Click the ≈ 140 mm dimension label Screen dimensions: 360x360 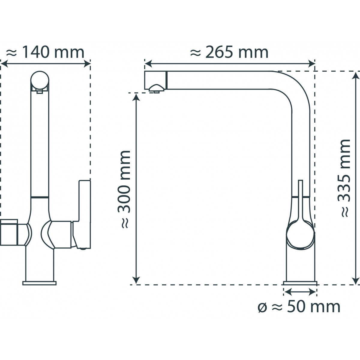click(x=45, y=52)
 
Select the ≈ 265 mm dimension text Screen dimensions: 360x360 click(x=229, y=52)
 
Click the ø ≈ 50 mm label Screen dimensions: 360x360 click(x=299, y=307)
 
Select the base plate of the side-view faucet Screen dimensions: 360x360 click(x=300, y=283)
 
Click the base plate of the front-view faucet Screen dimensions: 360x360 click(x=39, y=283)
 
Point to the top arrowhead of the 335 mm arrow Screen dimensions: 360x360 click(x=356, y=75)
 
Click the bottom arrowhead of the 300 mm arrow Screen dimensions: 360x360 click(x=136, y=280)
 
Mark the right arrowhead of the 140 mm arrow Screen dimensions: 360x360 click(x=87, y=63)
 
